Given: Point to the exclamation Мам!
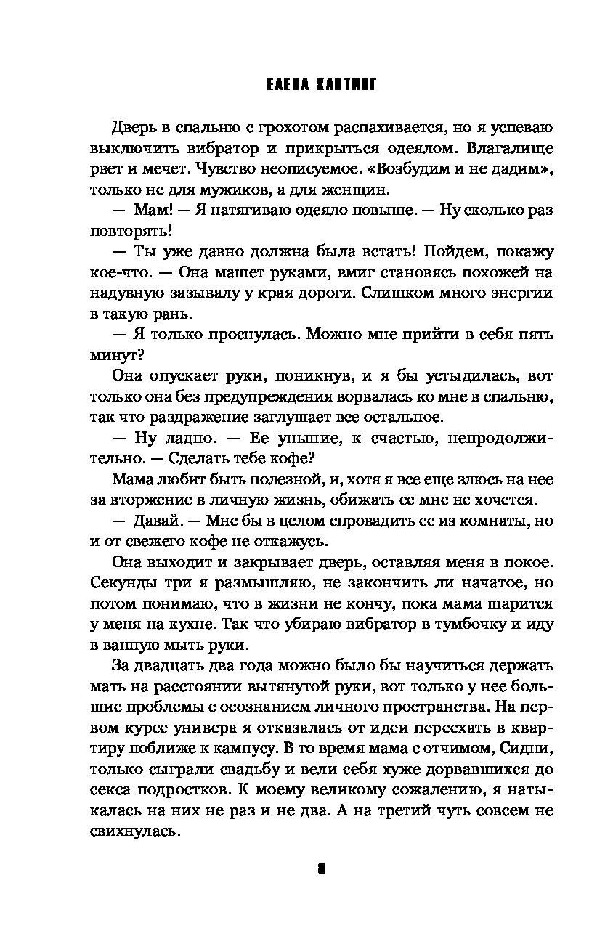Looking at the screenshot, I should click(151, 211).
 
